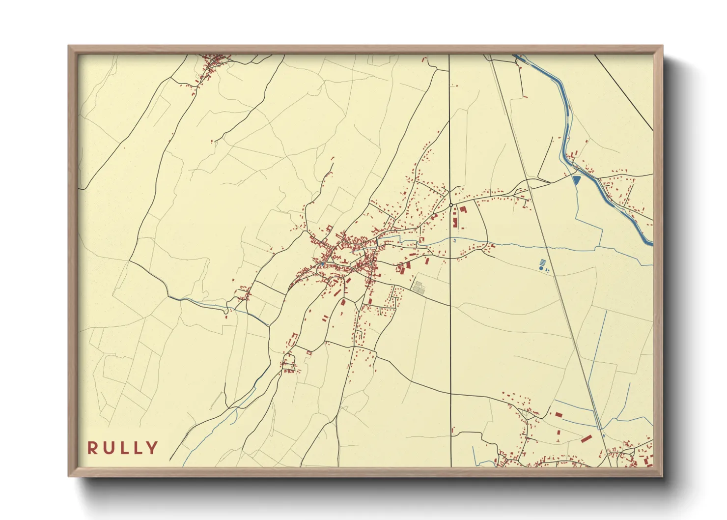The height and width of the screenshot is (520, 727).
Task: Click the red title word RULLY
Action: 123,448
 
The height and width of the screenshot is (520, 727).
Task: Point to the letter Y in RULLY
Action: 152,448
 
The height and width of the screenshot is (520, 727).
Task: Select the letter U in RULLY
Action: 108,448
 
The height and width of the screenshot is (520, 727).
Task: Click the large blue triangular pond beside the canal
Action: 576,180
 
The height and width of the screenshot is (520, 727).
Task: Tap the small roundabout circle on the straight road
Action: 450,205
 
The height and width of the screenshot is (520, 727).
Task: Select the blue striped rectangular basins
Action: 542,261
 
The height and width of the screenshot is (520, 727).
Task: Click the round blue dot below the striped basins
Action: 541,269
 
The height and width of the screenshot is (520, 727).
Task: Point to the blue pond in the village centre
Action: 322,264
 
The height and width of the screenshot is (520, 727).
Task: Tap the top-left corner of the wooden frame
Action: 70,47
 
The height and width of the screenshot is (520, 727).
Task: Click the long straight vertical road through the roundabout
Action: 450,319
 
